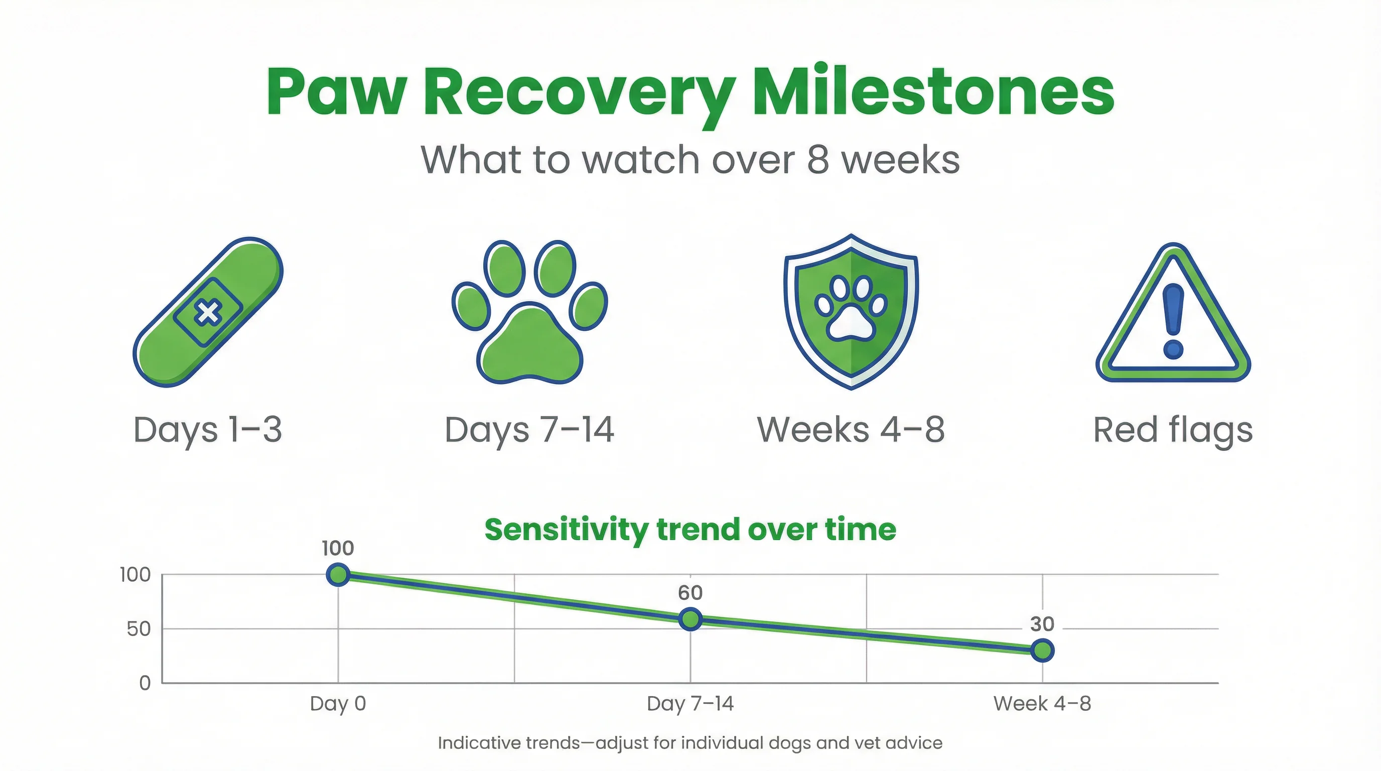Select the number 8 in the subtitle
(817, 160)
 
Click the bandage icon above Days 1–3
(208, 312)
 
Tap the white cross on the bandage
(208, 313)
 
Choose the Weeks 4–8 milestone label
(851, 430)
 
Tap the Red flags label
(1172, 430)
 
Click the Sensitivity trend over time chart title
(690, 530)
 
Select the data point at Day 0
(338, 575)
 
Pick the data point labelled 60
(690, 619)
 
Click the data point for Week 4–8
(1042, 651)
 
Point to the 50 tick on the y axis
(139, 629)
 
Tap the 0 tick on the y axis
(145, 683)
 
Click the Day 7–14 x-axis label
(690, 703)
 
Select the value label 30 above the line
(1042, 624)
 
